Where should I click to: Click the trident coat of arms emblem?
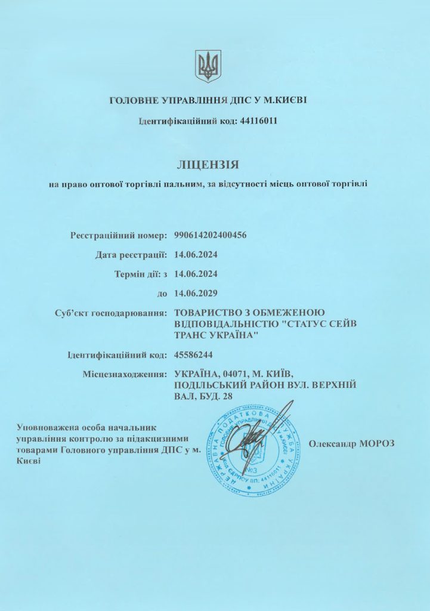coord(208,66)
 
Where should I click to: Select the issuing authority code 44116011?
coord(258,121)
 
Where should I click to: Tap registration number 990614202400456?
coord(210,235)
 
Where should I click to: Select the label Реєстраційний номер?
coord(119,235)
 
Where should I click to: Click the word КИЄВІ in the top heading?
coord(286,100)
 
